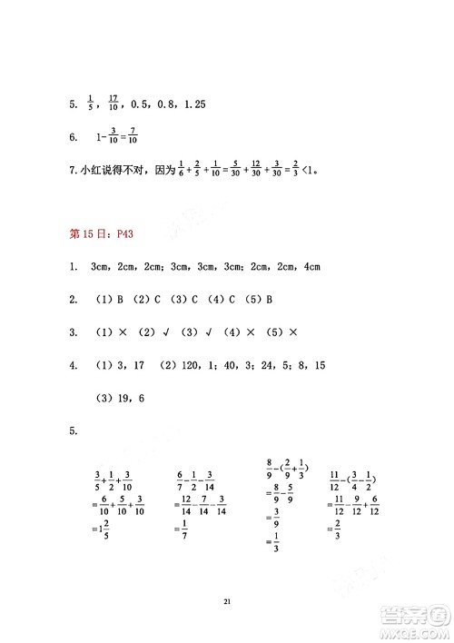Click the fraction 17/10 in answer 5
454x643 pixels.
(x=113, y=104)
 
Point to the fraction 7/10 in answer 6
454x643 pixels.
(x=133, y=138)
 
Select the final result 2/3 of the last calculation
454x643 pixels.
(x=336, y=529)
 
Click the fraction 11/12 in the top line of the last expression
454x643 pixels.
(x=334, y=480)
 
